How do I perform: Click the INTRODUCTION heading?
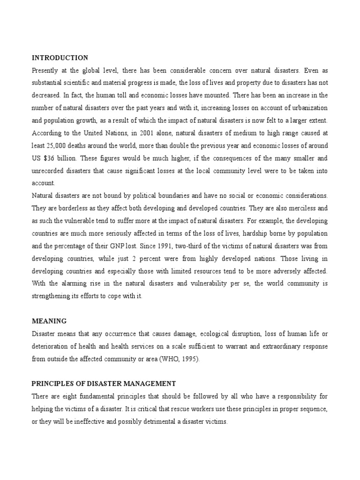click(x=60, y=58)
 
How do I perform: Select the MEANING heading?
click(x=49, y=321)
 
